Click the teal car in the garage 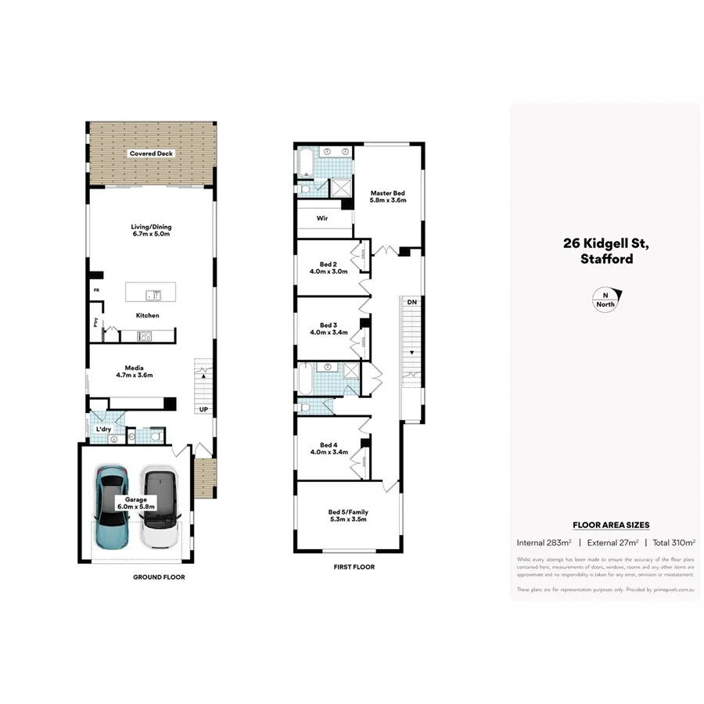click(110, 508)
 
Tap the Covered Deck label click(151, 154)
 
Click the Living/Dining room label click(151, 230)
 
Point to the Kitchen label click(148, 315)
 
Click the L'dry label click(103, 429)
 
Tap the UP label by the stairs click(203, 409)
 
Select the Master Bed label click(387, 196)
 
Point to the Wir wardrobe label click(321, 219)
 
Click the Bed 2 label click(328, 268)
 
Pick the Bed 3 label click(328, 329)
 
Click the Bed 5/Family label click(348, 516)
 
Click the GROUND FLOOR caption click(158, 577)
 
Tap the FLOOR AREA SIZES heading click(611, 525)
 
